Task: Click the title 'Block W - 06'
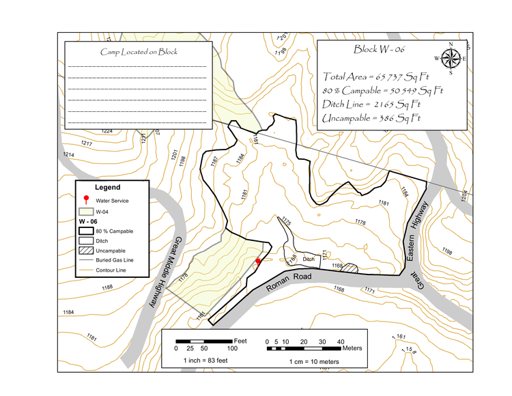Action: [380, 49]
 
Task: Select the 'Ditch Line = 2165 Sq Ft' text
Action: [371, 104]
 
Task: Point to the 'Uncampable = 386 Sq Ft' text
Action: [371, 118]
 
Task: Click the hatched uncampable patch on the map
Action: [350, 268]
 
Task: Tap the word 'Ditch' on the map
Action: [309, 259]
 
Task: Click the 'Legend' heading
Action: [107, 187]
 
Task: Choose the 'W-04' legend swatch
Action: [86, 212]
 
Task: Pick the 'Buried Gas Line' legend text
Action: [115, 260]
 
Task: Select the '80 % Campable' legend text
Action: [115, 231]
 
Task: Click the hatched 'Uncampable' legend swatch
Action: [86, 251]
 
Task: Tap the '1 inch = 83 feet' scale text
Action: [204, 359]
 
